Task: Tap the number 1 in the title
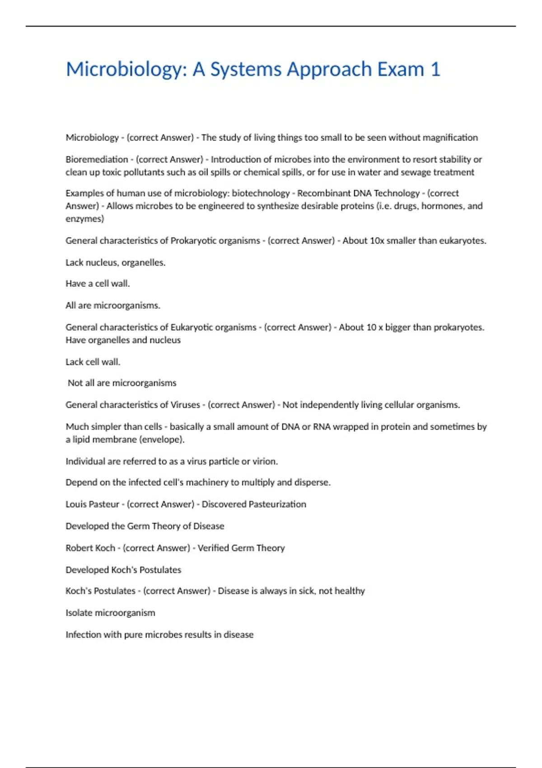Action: (435, 70)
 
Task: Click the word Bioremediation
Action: (97, 159)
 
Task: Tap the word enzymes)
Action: (84, 219)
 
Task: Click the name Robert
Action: (77, 548)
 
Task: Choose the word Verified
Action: (213, 548)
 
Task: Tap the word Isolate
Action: (80, 613)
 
